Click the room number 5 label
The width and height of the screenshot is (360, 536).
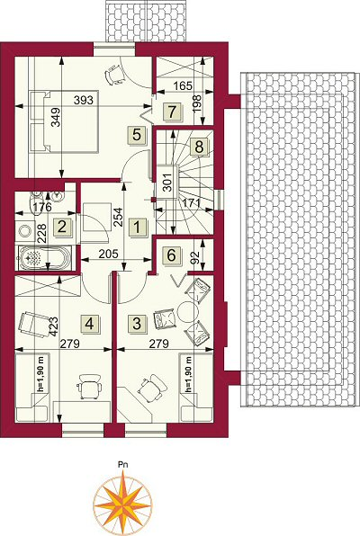[x=136, y=134]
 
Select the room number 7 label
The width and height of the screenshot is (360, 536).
[x=172, y=111]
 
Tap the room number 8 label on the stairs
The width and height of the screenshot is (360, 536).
[x=199, y=147]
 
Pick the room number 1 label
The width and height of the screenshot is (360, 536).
[x=136, y=227]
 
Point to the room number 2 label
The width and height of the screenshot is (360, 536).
[x=62, y=227]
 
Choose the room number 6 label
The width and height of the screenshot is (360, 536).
[x=171, y=255]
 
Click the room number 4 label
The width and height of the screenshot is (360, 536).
[x=89, y=323]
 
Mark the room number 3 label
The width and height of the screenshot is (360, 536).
[x=136, y=323]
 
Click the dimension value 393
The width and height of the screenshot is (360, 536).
[x=84, y=100]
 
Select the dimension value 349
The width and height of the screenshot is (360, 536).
[x=56, y=117]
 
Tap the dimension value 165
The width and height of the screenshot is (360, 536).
[x=183, y=85]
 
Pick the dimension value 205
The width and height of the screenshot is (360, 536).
[x=109, y=254]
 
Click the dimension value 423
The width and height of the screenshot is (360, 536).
[x=54, y=326]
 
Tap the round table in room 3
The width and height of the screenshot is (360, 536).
[x=188, y=312]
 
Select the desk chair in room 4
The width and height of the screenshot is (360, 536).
[x=90, y=387]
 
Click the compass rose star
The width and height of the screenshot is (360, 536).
[x=123, y=499]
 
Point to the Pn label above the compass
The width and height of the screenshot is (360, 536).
[x=123, y=465]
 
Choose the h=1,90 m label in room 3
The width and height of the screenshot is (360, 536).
[x=188, y=374]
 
